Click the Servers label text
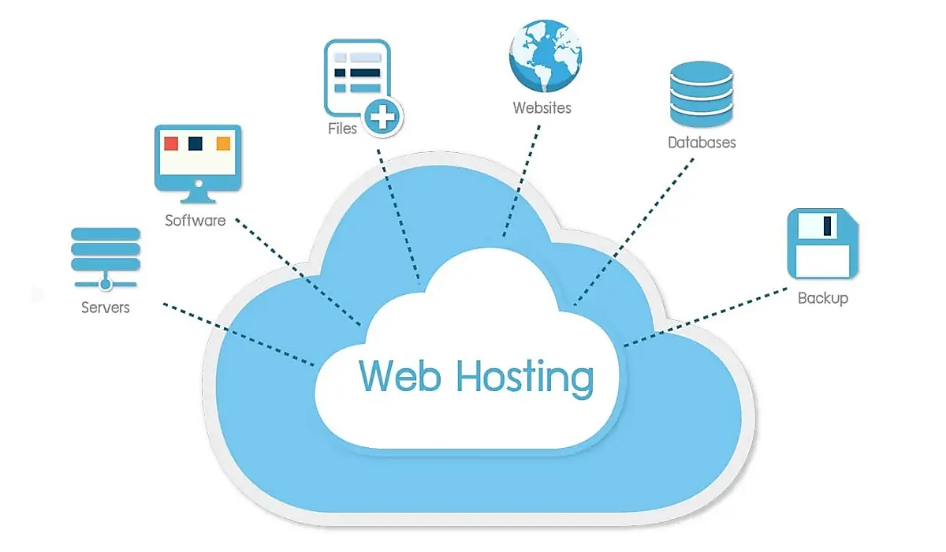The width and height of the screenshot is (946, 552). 105,308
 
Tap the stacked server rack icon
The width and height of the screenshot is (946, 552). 106,251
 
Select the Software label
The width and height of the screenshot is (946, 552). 195,221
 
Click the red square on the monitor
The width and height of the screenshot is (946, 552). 170,144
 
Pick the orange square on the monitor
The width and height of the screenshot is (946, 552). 223,144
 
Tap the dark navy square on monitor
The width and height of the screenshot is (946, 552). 196,144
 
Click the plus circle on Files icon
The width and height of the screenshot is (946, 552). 383,119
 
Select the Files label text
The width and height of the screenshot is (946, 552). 342,129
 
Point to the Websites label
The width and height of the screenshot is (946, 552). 542,108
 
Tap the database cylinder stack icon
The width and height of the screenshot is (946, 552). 701,94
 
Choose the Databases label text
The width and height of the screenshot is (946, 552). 701,143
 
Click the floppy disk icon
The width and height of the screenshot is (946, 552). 822,243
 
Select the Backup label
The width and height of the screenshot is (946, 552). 822,298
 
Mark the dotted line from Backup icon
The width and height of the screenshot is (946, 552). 706,316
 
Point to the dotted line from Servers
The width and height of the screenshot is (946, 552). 236,332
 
